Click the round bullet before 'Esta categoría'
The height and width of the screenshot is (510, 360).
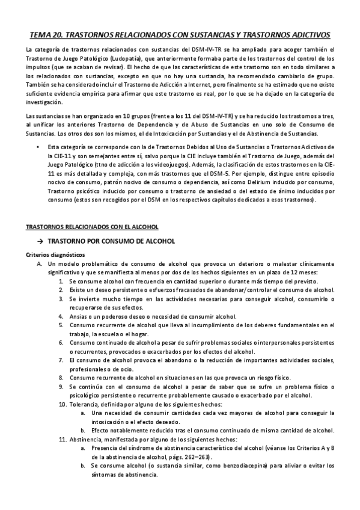(x=37, y=147)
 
